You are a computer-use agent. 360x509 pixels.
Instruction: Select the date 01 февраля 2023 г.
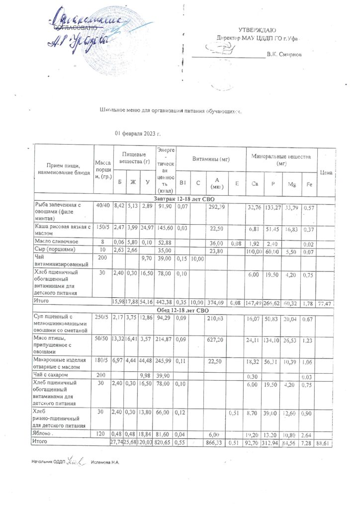[138, 134]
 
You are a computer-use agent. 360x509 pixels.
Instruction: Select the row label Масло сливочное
[55, 242]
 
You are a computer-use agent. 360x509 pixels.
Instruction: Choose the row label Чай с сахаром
[52, 374]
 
